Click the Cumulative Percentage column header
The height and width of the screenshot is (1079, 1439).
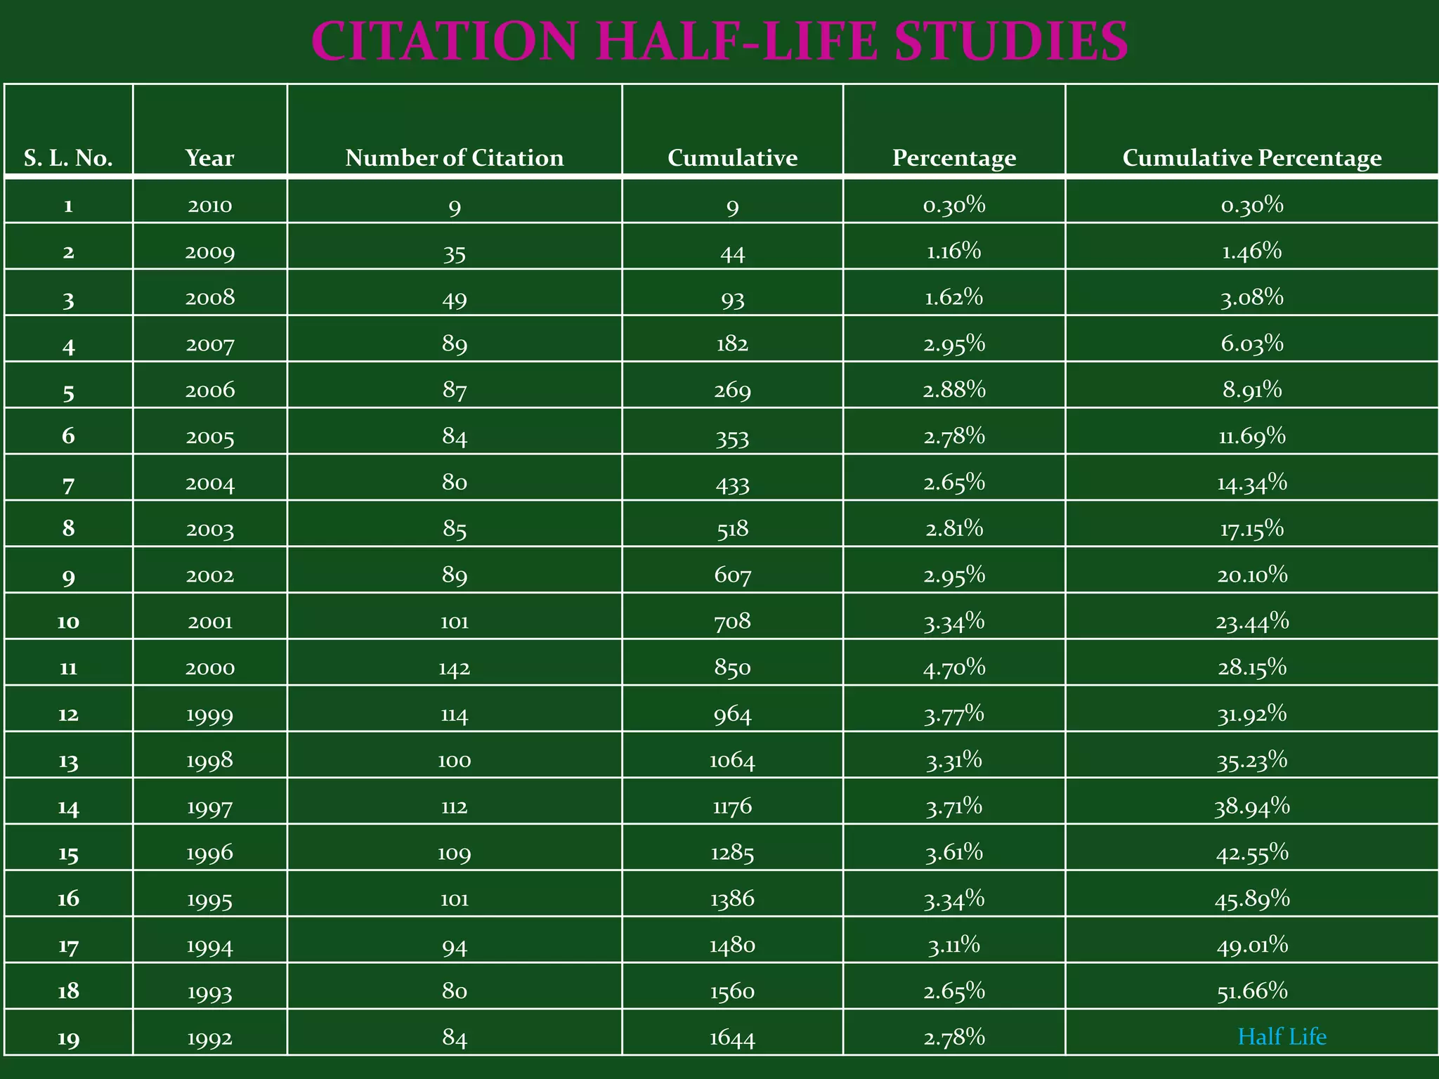click(1251, 158)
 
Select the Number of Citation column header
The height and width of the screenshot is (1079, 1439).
click(454, 158)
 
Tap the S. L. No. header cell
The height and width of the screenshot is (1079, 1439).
click(68, 158)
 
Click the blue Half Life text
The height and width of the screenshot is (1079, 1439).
click(1282, 1037)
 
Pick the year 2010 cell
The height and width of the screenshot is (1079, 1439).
click(209, 205)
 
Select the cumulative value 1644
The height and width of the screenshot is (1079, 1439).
click(732, 1038)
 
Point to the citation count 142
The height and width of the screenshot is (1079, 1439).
click(454, 667)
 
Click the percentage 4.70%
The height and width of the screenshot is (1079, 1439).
click(953, 667)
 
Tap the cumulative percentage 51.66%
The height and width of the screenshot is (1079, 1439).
click(1251, 991)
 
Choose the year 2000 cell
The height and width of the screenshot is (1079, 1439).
click(209, 667)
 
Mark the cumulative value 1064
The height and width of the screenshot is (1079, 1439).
click(732, 760)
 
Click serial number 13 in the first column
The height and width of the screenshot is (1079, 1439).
click(68, 761)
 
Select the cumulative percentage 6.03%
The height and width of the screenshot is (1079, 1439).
click(1251, 344)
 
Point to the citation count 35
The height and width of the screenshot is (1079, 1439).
click(454, 252)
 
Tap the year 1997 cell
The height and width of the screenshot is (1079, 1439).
click(209, 806)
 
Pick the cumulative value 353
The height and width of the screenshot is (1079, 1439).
click(732, 437)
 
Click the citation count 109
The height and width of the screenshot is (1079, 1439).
click(454, 853)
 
